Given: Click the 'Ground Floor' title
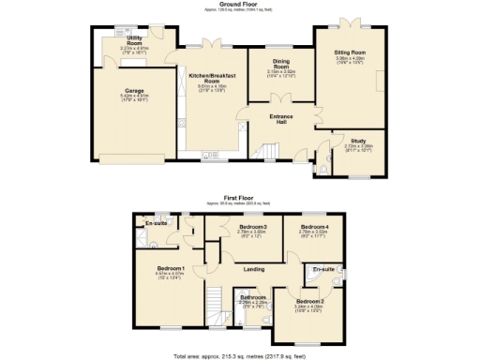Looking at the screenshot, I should (239, 4).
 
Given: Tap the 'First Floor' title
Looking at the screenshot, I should (239, 198).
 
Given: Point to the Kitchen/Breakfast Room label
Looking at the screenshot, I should (213, 78).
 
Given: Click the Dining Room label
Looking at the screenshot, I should (280, 63).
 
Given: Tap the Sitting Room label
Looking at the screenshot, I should (350, 54).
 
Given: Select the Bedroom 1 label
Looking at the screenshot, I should (170, 268).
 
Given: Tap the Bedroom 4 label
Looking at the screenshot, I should (314, 228).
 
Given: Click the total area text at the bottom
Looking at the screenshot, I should (239, 355).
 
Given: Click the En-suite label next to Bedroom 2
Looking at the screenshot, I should (323, 269).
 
